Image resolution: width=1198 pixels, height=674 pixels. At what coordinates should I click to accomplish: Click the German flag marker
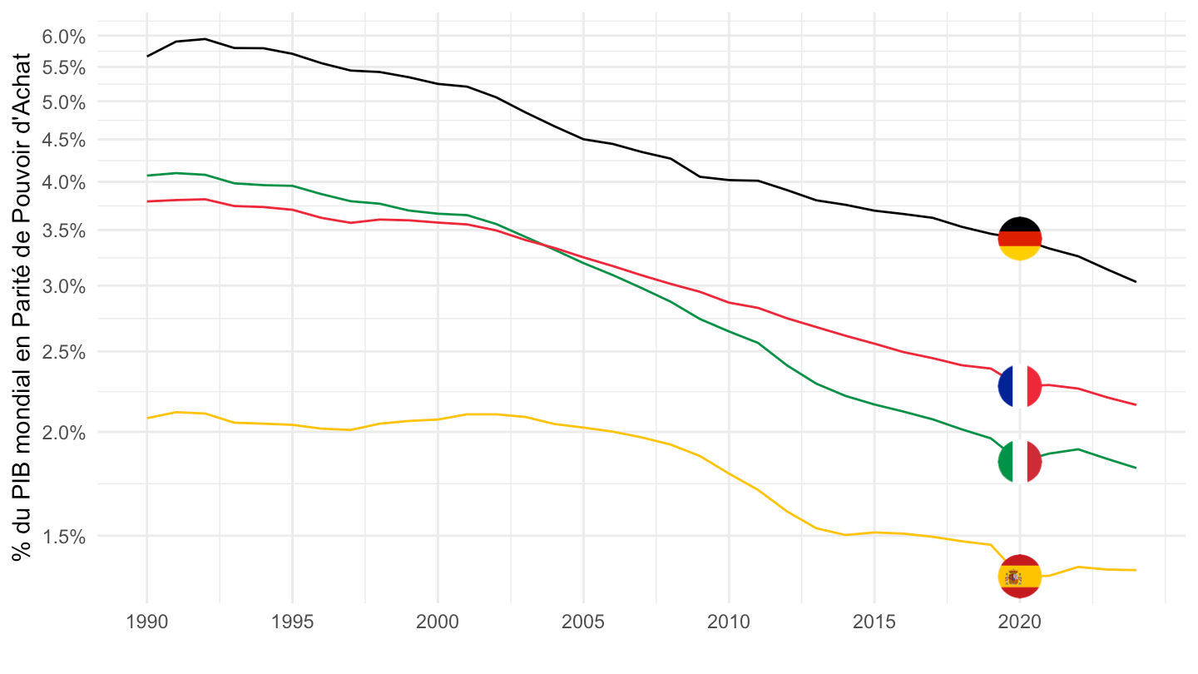pyautogui.click(x=1019, y=239)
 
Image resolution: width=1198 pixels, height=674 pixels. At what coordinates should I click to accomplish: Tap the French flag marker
pyautogui.click(x=1019, y=386)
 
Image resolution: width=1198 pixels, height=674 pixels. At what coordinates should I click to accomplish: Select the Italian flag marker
pyautogui.click(x=1019, y=461)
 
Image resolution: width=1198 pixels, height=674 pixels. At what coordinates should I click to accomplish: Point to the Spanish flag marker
pyautogui.click(x=1019, y=576)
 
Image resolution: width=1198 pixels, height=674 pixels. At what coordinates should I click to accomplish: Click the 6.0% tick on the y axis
pyautogui.click(x=63, y=37)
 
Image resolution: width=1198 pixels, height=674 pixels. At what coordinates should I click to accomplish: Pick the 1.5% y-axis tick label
pyautogui.click(x=63, y=537)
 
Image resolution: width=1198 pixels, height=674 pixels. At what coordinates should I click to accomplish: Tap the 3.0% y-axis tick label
pyautogui.click(x=63, y=286)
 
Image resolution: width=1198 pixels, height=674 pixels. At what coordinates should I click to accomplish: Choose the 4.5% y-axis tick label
pyautogui.click(x=63, y=140)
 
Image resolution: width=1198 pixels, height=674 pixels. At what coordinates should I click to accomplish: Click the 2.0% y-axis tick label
pyautogui.click(x=63, y=433)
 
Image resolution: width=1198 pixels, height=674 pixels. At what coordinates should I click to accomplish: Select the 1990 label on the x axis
pyautogui.click(x=147, y=622)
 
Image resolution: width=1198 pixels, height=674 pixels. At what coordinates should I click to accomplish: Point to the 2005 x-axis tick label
pyautogui.click(x=583, y=622)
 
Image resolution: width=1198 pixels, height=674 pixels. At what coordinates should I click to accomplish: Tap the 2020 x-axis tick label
pyautogui.click(x=1019, y=622)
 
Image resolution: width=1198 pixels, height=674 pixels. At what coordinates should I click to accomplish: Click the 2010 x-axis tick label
pyautogui.click(x=729, y=622)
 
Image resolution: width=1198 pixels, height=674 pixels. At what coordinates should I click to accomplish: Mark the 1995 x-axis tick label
pyautogui.click(x=292, y=622)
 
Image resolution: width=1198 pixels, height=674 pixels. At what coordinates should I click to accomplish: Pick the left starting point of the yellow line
pyautogui.click(x=147, y=418)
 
